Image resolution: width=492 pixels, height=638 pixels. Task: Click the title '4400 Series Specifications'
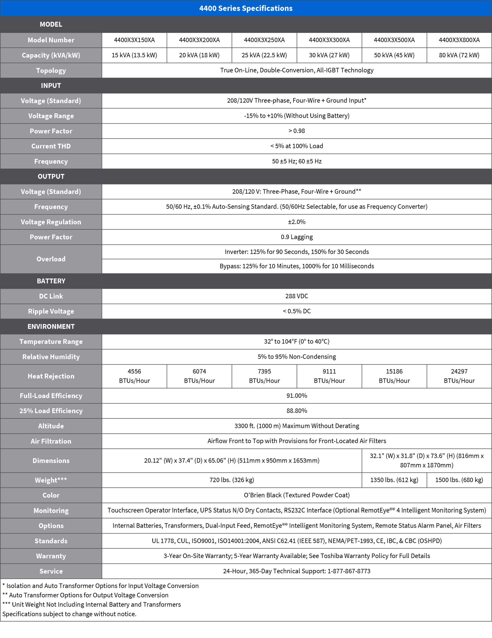point(246,8)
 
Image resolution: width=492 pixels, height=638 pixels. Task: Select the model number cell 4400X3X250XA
point(264,40)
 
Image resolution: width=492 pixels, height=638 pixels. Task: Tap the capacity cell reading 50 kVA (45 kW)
point(394,55)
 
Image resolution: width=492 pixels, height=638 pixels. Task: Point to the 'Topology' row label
point(51,70)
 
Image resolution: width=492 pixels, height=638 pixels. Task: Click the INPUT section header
point(51,85)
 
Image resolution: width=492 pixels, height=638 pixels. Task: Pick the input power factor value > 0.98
point(297,131)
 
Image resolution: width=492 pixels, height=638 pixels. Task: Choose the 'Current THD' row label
point(51,146)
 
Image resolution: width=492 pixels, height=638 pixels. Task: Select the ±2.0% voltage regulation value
point(297,222)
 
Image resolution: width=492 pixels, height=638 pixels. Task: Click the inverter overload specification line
point(297,252)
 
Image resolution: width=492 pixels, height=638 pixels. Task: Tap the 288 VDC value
point(297,296)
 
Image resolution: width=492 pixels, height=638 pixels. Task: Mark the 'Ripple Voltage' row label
point(51,311)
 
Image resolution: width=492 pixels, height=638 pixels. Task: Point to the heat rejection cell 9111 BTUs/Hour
point(329,376)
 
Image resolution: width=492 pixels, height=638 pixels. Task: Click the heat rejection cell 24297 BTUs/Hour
point(459,376)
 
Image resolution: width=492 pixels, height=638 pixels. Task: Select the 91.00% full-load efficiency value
point(297,396)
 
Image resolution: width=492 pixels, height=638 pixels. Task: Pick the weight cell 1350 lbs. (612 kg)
point(394,480)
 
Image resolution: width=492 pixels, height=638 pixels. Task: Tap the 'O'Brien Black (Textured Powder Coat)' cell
point(297,495)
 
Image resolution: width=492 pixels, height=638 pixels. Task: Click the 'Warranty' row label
point(51,556)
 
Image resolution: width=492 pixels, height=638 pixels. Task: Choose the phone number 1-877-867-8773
point(349,571)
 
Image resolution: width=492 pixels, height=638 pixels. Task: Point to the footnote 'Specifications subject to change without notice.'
point(69,614)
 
